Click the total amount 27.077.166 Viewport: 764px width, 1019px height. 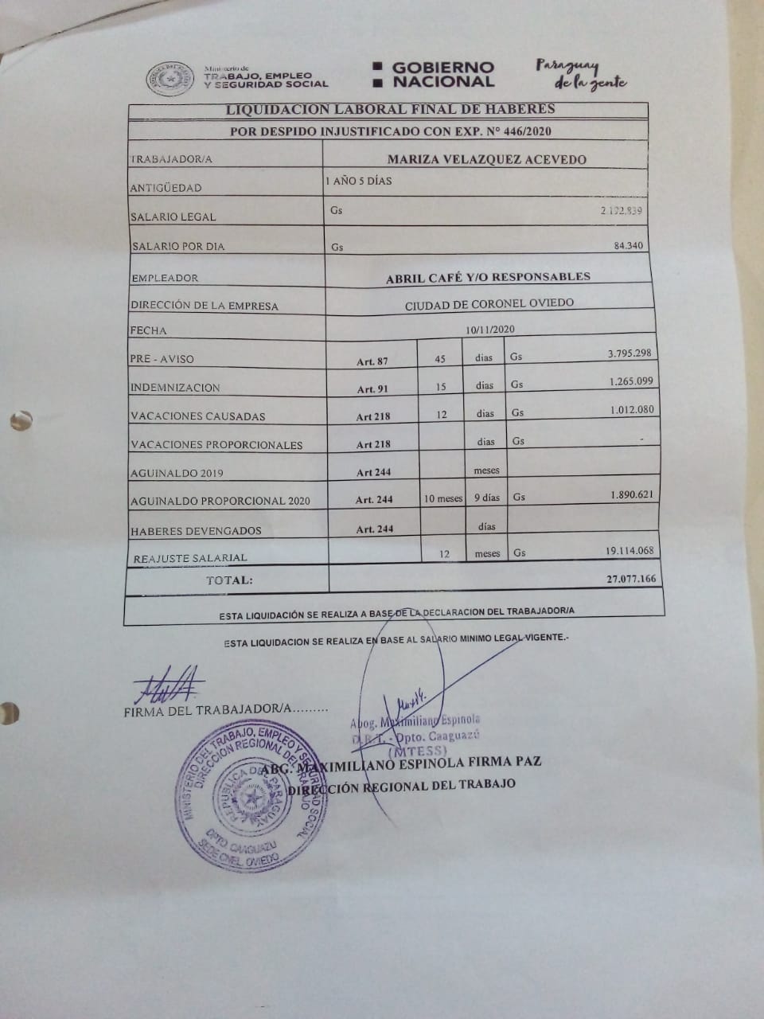click(x=631, y=579)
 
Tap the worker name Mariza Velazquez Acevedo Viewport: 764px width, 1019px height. click(x=486, y=159)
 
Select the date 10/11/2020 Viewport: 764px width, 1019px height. click(x=491, y=329)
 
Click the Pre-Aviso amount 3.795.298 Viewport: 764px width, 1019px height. click(x=630, y=353)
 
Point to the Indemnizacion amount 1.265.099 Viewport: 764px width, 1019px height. click(x=631, y=381)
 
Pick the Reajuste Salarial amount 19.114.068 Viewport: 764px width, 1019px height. click(x=630, y=550)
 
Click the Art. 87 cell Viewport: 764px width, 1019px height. click(x=372, y=361)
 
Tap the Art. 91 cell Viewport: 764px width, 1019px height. click(x=372, y=389)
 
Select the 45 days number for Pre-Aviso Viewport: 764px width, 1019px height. click(x=440, y=359)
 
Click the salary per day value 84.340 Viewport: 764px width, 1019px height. click(x=629, y=246)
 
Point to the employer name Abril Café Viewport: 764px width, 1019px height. click(x=488, y=277)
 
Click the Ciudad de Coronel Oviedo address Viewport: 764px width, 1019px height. click(x=489, y=304)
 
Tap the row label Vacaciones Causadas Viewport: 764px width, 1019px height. click(x=198, y=416)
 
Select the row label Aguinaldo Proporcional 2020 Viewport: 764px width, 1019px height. click(x=220, y=502)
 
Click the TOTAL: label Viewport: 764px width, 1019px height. click(x=229, y=580)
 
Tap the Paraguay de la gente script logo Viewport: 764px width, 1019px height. click(x=580, y=74)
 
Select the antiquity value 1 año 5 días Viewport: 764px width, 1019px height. click(x=358, y=182)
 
